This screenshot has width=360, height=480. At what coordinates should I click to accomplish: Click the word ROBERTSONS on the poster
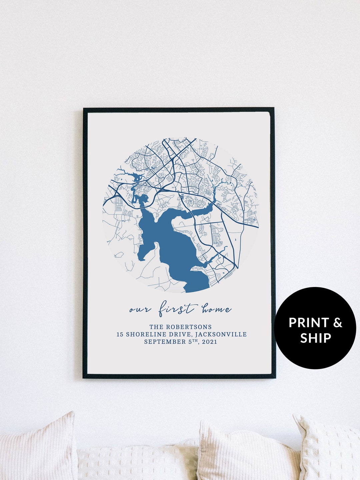click(189, 327)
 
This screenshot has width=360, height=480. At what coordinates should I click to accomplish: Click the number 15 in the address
click(120, 334)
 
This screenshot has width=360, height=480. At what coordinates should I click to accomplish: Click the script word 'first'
click(176, 309)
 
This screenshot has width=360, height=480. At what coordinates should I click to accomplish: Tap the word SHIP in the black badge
click(316, 338)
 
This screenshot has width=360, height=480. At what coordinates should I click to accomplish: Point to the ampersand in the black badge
click(338, 323)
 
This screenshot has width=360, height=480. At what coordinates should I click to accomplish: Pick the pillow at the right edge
click(328, 448)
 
